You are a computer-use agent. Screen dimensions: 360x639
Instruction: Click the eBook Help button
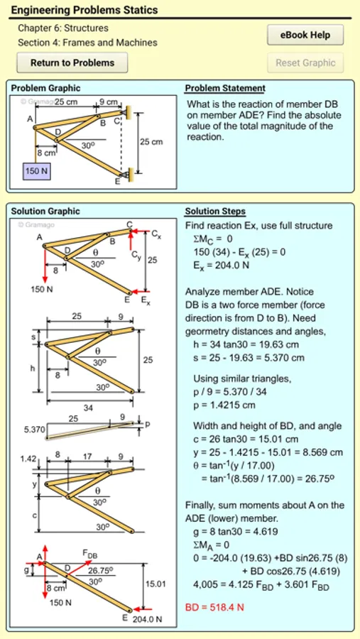click(x=305, y=35)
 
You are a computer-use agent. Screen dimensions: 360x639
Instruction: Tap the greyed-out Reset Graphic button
click(x=305, y=62)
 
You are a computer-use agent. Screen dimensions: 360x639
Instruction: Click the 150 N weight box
click(x=36, y=171)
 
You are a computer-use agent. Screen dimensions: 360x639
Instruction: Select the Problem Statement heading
click(x=225, y=88)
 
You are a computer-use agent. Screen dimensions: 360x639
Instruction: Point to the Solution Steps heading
click(x=215, y=212)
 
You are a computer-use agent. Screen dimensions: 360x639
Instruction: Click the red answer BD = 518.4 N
click(x=214, y=607)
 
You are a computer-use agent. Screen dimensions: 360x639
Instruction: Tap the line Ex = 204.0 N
click(x=222, y=265)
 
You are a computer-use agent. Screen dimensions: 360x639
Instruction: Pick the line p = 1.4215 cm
click(x=224, y=406)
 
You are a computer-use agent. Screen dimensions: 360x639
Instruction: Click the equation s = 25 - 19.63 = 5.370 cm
click(x=249, y=358)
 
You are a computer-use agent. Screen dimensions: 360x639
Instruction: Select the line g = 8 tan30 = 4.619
click(x=235, y=531)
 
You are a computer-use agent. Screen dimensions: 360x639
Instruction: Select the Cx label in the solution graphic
click(x=156, y=234)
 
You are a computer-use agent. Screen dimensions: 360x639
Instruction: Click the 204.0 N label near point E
click(x=147, y=619)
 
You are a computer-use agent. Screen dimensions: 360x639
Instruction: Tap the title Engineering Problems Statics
click(x=84, y=10)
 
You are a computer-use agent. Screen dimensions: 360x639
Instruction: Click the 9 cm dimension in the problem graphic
click(x=109, y=102)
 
